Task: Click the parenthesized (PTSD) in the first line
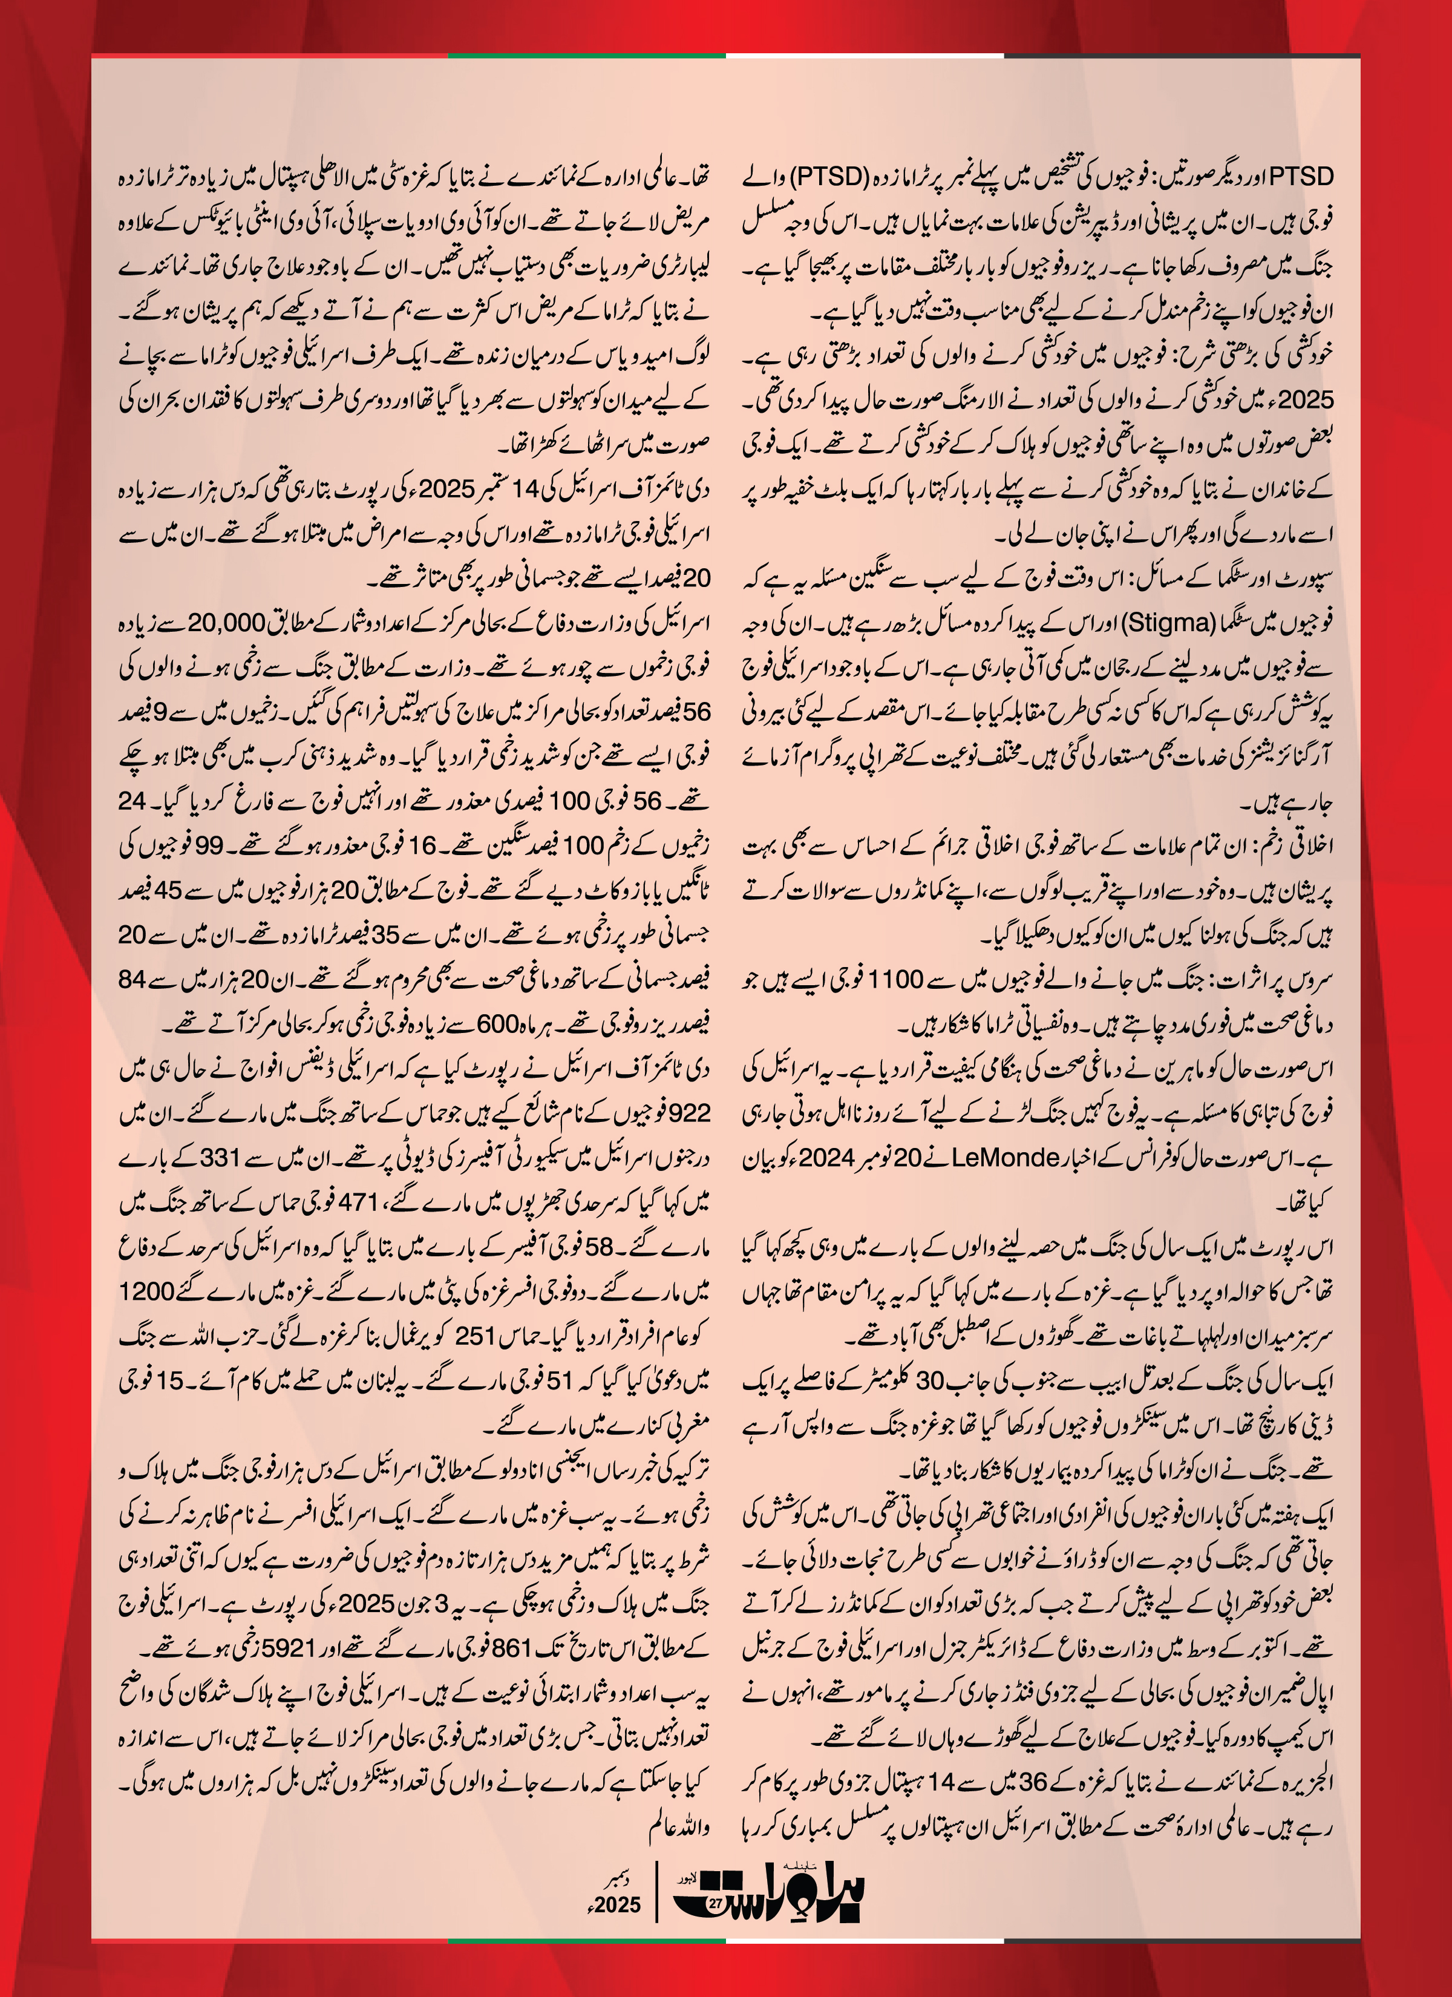829,176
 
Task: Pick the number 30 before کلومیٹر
930,1380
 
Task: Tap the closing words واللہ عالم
679,1827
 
